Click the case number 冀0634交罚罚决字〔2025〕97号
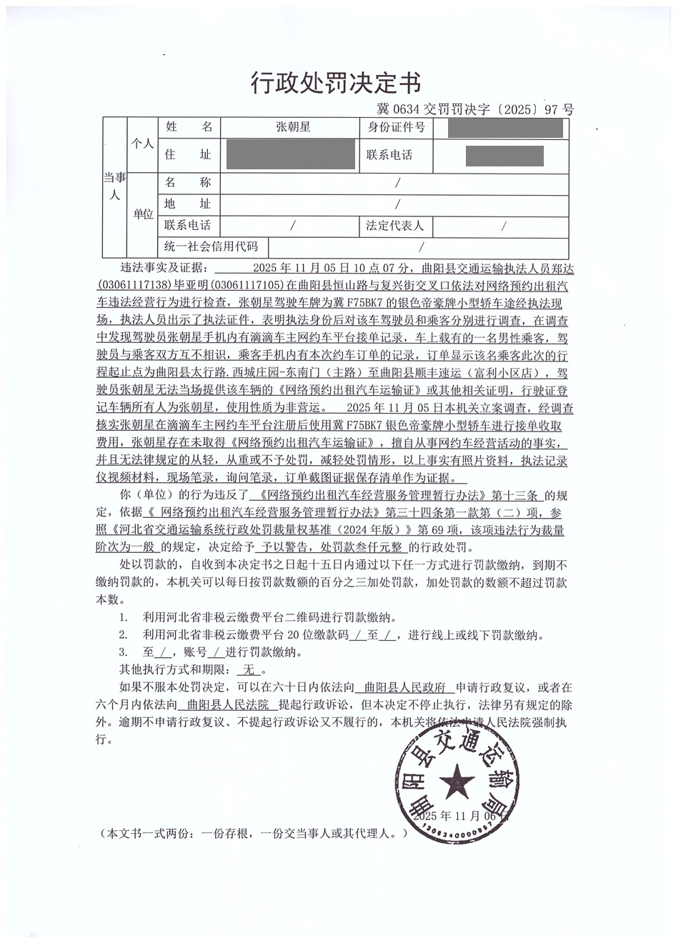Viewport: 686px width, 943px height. pyautogui.click(x=475, y=109)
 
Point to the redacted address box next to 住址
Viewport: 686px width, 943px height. pyautogui.click(x=290, y=154)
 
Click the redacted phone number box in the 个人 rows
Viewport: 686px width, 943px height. pyautogui.click(x=504, y=155)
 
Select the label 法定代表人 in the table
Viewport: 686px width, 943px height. pyautogui.click(x=395, y=226)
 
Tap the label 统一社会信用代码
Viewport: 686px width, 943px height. pyautogui.click(x=211, y=246)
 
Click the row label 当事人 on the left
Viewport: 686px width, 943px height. pyautogui.click(x=114, y=186)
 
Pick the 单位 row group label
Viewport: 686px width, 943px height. pyautogui.click(x=143, y=214)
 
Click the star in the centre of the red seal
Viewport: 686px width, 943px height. pyautogui.click(x=456, y=783)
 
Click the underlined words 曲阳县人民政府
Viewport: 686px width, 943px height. pyautogui.click(x=405, y=688)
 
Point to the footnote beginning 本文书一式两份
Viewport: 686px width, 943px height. pyautogui.click(x=255, y=833)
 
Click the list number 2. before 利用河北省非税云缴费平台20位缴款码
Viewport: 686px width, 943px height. pyautogui.click(x=124, y=634)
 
